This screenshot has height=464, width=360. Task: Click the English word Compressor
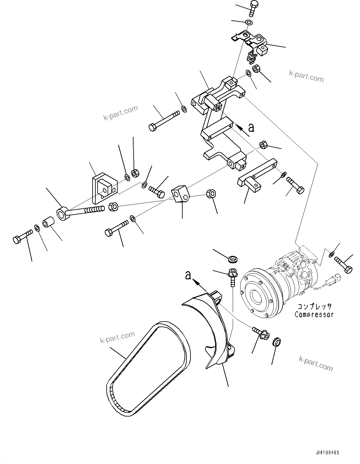[x=314, y=315]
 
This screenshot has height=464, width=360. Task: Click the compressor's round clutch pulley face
[x=257, y=294]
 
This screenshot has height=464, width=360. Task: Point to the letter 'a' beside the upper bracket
[x=251, y=127]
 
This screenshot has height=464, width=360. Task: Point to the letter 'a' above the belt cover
[x=188, y=275]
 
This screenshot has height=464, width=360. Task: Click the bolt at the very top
[x=254, y=8]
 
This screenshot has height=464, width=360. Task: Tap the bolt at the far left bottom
[x=22, y=240]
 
